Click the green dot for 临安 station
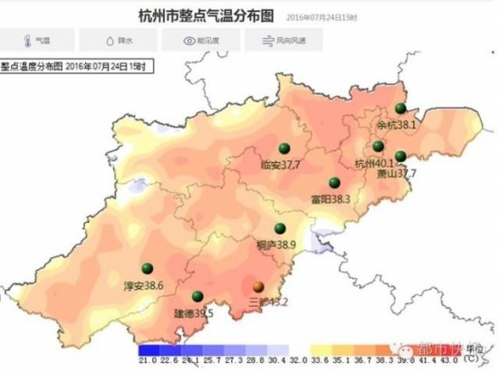(283, 149)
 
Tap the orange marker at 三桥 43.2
(258, 286)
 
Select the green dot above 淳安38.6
(156, 267)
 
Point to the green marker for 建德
(197, 296)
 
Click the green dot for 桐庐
(281, 228)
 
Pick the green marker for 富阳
(334, 181)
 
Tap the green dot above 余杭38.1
(401, 108)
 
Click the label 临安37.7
(280, 165)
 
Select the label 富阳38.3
(330, 197)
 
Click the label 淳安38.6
(143, 285)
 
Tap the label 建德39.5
(193, 312)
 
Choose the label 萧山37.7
(397, 173)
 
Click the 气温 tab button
(35, 41)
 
